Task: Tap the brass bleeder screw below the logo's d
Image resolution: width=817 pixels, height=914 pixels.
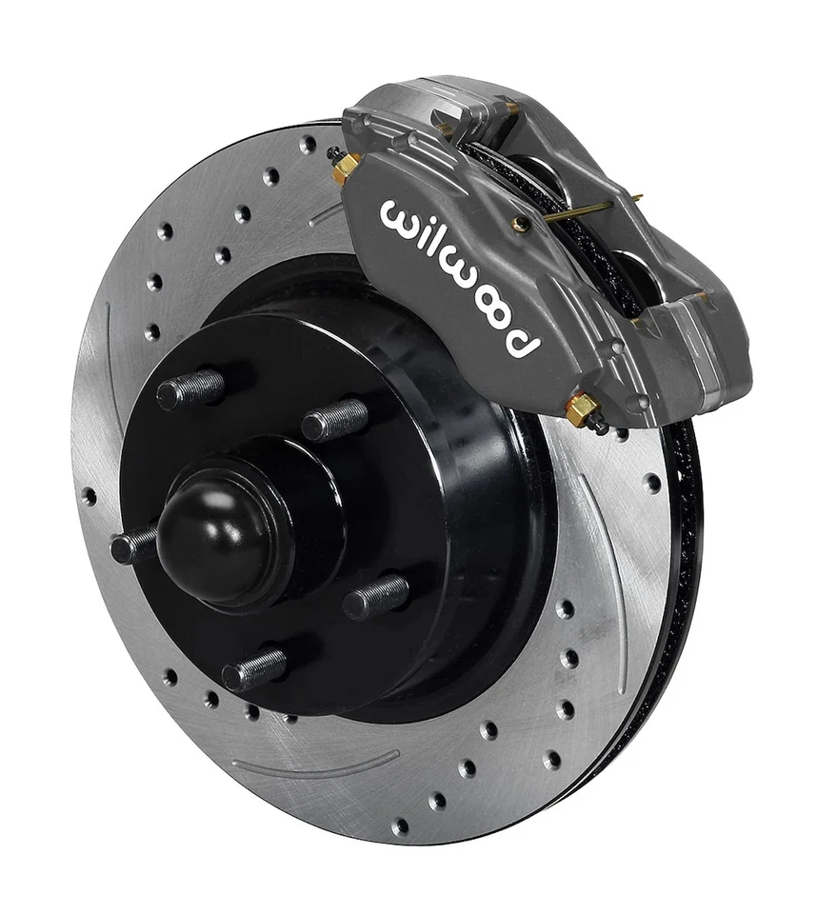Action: pos(582,410)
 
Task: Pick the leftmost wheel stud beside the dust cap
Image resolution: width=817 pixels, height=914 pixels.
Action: pos(133,546)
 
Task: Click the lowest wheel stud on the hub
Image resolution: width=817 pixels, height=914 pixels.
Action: pos(253,668)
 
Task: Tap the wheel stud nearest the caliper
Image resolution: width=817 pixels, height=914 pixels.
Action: pos(336,418)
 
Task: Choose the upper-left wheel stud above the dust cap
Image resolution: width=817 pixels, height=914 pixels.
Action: pos(190,388)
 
